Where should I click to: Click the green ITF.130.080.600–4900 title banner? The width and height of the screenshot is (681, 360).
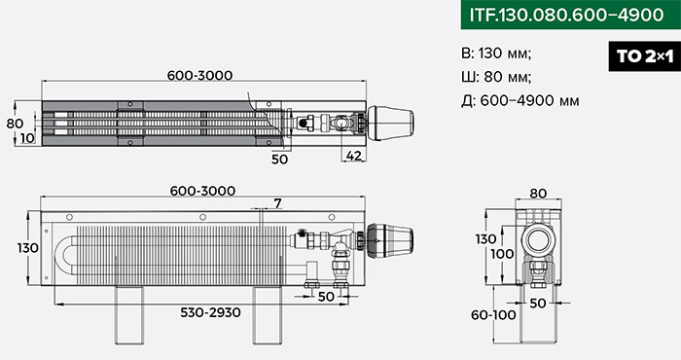(571, 15)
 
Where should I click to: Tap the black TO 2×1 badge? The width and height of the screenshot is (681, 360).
(644, 56)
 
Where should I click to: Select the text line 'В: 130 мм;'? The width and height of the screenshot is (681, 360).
(496, 54)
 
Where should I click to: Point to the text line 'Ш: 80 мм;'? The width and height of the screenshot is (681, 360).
(496, 77)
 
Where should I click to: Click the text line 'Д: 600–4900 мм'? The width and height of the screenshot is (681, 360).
(520, 101)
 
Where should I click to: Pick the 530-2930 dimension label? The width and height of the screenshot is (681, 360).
(211, 312)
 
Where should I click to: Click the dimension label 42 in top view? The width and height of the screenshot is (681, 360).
(354, 155)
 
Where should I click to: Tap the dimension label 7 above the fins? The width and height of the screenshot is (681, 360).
(278, 202)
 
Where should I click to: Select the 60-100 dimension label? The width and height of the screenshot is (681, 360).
(493, 315)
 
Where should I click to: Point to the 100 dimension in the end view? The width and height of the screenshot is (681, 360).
(502, 254)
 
